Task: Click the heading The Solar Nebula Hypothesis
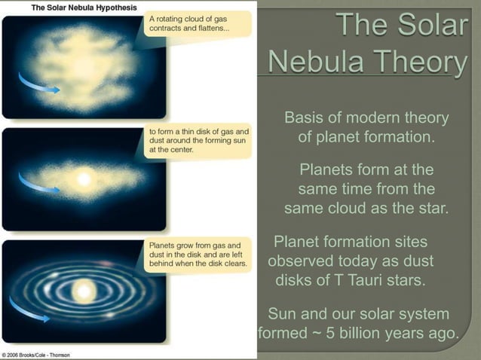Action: pos(72,7)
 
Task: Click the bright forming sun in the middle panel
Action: pos(84,180)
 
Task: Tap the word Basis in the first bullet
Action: pos(305,119)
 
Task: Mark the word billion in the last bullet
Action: pos(367,333)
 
